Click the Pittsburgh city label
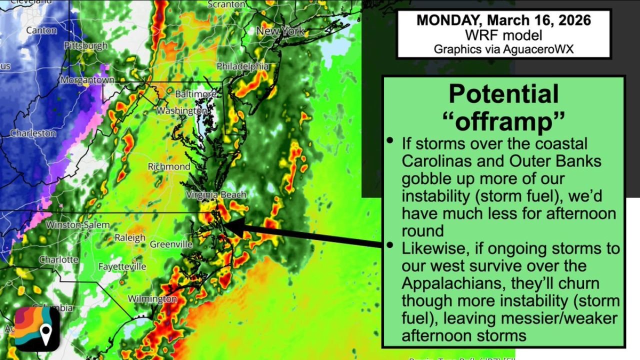85,46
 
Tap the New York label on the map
280,31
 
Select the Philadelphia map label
242,66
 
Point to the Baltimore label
195,94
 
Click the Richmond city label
169,166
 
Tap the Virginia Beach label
216,195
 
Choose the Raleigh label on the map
130,238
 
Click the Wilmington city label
152,299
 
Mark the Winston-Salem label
77,225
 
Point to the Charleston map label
33,133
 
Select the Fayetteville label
122,266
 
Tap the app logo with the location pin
37,328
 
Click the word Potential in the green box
503,93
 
